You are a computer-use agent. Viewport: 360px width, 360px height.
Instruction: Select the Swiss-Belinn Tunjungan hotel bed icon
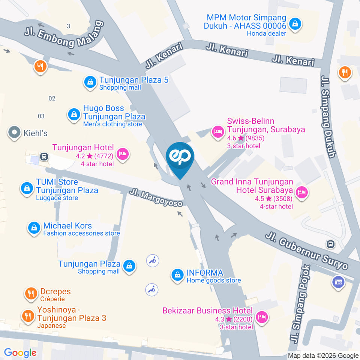(217, 132)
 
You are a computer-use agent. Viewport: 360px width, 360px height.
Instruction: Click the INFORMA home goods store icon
(177, 276)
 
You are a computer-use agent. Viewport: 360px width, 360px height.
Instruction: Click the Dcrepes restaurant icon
(30, 294)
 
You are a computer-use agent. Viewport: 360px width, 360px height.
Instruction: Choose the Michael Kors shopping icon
(34, 228)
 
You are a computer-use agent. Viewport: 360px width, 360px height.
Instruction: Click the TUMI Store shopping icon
(27, 188)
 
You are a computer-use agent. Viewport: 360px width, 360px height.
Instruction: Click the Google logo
(20, 352)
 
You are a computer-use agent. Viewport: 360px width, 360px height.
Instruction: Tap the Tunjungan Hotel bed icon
(122, 154)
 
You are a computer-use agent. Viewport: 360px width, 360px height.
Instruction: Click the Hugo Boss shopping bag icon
(74, 114)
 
